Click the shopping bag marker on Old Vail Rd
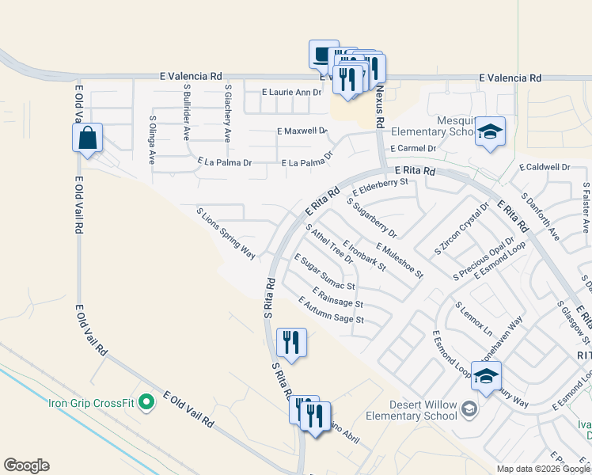click(88, 138)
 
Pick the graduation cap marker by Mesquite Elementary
click(491, 131)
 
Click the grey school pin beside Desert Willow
click(469, 408)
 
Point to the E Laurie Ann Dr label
click(291, 93)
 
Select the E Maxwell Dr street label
click(302, 130)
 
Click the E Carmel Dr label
click(413, 148)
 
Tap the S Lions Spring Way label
click(226, 233)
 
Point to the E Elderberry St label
click(380, 187)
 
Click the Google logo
click(26, 465)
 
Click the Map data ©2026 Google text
click(542, 469)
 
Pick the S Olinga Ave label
click(153, 139)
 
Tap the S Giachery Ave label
click(227, 113)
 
